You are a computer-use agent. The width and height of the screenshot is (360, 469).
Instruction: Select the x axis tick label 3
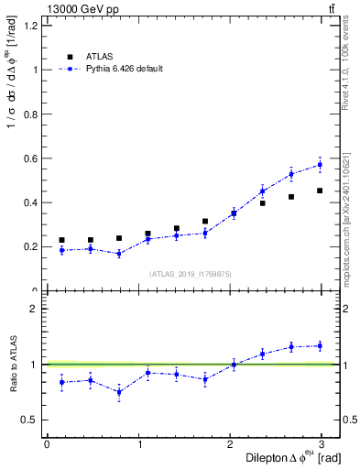tap(321, 443)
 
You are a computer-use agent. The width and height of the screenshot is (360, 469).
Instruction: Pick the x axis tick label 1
tap(138, 443)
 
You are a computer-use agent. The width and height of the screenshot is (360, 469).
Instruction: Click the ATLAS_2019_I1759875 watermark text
tap(191, 274)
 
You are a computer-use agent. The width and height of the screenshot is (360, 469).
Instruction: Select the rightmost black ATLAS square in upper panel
tap(320, 191)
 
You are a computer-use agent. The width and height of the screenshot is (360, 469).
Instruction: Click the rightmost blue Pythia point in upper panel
tap(320, 165)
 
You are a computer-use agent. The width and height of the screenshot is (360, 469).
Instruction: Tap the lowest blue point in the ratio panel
tap(119, 392)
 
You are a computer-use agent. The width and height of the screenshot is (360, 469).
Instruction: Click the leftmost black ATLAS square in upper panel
tap(61, 240)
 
